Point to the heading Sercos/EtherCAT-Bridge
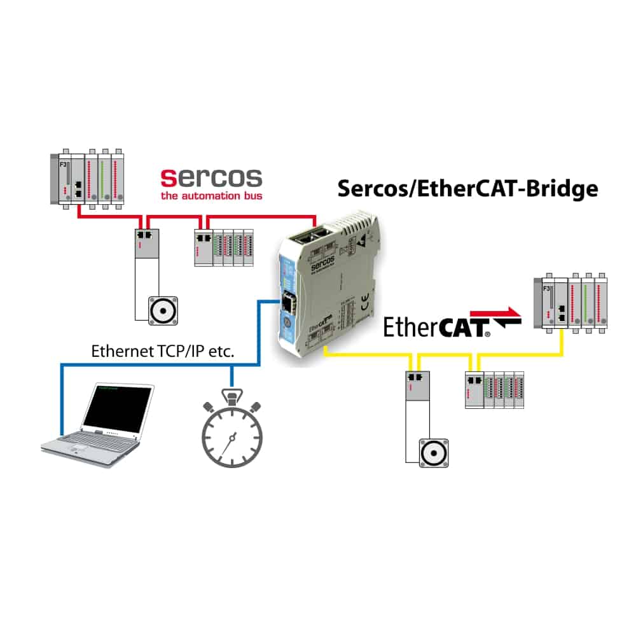467,188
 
